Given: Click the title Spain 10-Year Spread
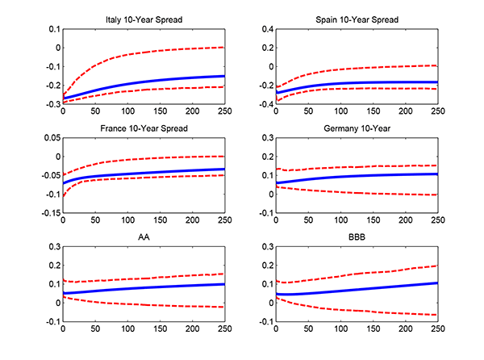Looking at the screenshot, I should click(358, 19).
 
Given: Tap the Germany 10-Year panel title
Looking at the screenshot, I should click(358, 128).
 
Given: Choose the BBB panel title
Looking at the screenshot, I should click(358, 238).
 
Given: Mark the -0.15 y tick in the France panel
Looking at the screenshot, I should click(49, 214).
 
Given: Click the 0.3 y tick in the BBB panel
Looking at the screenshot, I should click(266, 248).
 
